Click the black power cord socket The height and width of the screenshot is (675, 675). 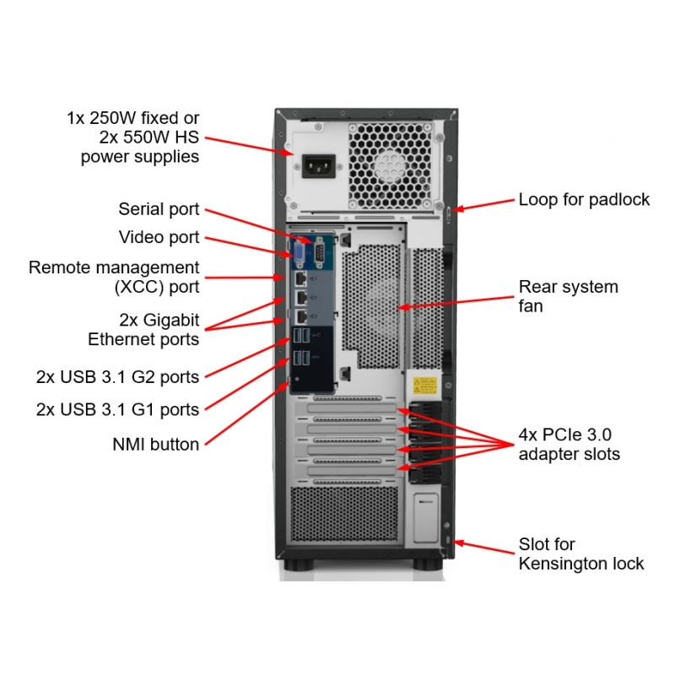[319, 166]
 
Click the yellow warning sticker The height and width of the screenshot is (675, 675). [425, 386]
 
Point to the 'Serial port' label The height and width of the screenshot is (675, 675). [159, 209]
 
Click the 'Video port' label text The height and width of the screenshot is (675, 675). [159, 237]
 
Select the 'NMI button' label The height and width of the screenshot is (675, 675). [156, 445]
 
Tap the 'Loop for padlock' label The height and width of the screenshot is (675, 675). [584, 200]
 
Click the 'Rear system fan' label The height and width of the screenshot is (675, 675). [568, 296]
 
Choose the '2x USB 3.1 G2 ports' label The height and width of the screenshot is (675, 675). [117, 377]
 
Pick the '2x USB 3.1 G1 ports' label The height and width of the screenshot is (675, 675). [117, 410]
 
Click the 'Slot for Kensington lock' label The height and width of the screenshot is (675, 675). [581, 553]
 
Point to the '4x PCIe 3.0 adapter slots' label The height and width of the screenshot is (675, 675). [569, 445]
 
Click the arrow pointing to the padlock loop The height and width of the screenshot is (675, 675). [483, 205]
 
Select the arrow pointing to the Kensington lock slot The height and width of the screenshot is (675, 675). [484, 547]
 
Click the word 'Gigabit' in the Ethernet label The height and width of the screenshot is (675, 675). [171, 321]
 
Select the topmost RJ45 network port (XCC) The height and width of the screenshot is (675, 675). [301, 279]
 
